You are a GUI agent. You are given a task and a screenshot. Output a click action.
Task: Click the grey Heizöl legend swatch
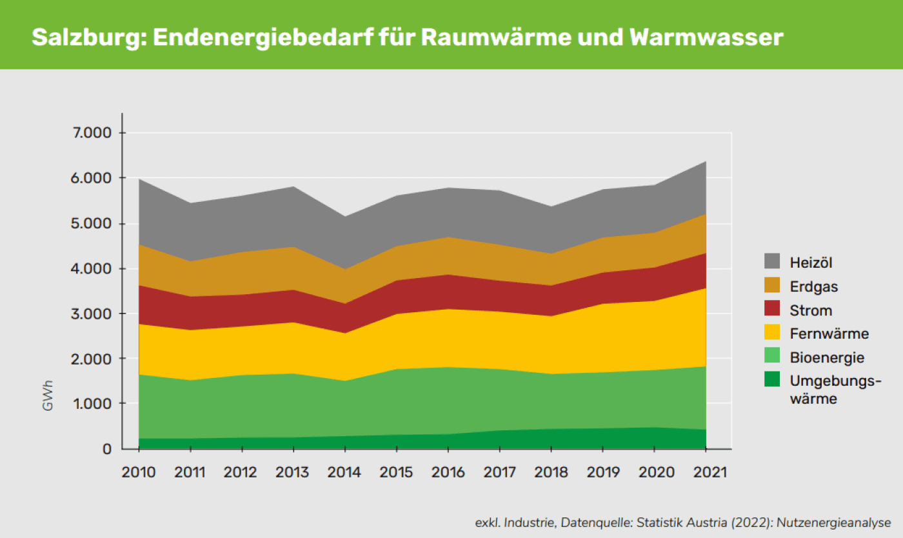click(x=772, y=261)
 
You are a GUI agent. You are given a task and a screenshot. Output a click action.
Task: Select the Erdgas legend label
click(x=814, y=286)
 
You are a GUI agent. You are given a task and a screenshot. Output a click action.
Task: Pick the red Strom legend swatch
click(x=772, y=310)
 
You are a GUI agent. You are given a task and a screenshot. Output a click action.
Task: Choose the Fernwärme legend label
click(x=829, y=334)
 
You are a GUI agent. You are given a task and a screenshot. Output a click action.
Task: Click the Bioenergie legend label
click(x=827, y=357)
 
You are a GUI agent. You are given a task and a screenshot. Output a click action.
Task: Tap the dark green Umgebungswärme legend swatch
click(x=772, y=381)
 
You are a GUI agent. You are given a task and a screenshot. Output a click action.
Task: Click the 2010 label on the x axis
click(x=139, y=472)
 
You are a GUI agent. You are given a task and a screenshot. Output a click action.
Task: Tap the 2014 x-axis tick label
click(x=344, y=472)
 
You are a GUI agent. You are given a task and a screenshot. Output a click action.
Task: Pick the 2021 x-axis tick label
click(x=706, y=472)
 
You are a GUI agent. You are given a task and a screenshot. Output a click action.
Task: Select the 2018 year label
click(x=551, y=472)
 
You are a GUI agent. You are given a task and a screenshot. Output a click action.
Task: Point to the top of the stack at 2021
click(x=706, y=161)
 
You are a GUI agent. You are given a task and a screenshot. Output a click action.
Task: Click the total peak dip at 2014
click(x=344, y=217)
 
